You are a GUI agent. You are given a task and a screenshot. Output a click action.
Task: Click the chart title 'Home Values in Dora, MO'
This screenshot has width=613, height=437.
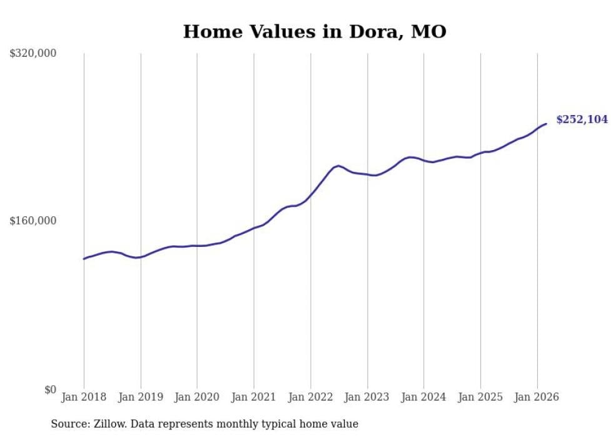click(x=315, y=31)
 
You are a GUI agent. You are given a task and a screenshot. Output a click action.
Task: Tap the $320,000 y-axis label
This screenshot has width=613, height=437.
click(x=33, y=53)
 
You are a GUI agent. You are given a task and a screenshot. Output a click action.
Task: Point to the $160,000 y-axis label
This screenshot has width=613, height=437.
click(x=33, y=221)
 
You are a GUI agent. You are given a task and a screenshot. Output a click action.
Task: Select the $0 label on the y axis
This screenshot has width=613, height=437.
click(x=50, y=389)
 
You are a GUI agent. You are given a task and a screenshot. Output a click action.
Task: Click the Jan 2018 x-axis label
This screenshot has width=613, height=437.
click(x=84, y=397)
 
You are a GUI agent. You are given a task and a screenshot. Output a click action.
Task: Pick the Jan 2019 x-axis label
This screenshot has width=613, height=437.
click(x=141, y=397)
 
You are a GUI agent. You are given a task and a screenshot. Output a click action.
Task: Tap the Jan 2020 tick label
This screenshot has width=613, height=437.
click(x=197, y=397)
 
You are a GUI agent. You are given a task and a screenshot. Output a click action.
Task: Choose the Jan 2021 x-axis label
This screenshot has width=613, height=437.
click(x=254, y=397)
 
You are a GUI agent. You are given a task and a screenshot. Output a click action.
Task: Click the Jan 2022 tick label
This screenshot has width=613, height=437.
click(x=310, y=397)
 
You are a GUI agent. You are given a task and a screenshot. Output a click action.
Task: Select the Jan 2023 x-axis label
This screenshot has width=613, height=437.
click(x=367, y=397)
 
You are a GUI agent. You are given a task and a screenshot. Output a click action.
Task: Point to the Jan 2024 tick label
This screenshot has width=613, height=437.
click(x=423, y=397)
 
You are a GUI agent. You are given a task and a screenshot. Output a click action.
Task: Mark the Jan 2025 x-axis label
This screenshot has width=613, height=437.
click(x=480, y=397)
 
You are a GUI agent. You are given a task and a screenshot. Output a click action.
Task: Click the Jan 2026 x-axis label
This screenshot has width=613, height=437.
click(x=537, y=397)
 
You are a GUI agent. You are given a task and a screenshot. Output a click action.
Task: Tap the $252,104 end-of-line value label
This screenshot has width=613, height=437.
click(x=582, y=119)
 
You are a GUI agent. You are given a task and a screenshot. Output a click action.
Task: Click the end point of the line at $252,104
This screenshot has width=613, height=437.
click(x=546, y=124)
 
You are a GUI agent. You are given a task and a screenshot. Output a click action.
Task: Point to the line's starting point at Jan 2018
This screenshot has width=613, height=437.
click(x=84, y=259)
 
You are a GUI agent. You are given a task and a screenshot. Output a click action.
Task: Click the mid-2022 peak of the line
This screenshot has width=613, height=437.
click(x=338, y=166)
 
